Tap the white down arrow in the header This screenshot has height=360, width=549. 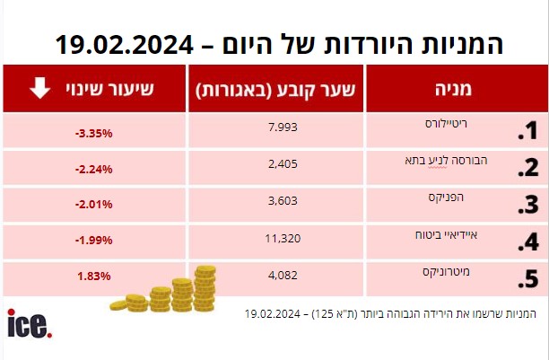[x=39, y=89]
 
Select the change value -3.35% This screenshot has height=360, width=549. [x=93, y=133]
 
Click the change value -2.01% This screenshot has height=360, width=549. [x=93, y=205]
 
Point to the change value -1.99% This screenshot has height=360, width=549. [x=93, y=241]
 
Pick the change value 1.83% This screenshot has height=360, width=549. [x=93, y=277]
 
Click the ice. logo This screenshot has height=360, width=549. [x=29, y=324]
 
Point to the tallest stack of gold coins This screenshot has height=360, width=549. [x=205, y=287]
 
